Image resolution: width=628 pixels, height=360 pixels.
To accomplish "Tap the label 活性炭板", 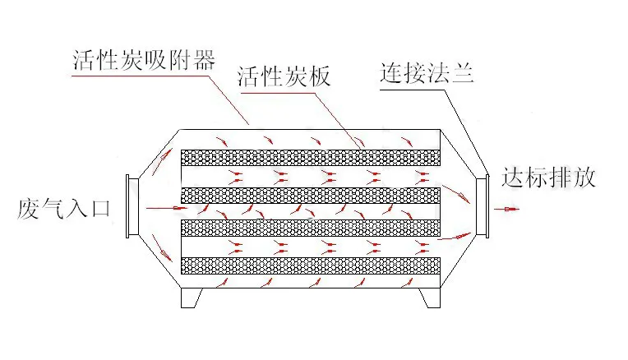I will pos(283,77).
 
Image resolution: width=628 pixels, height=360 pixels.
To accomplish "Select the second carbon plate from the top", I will pos(312,195).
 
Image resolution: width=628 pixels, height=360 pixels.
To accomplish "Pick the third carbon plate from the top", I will pos(312,226).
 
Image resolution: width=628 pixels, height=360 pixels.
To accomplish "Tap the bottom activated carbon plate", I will pos(312,265).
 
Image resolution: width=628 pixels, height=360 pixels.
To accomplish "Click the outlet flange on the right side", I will pos(483,205).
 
